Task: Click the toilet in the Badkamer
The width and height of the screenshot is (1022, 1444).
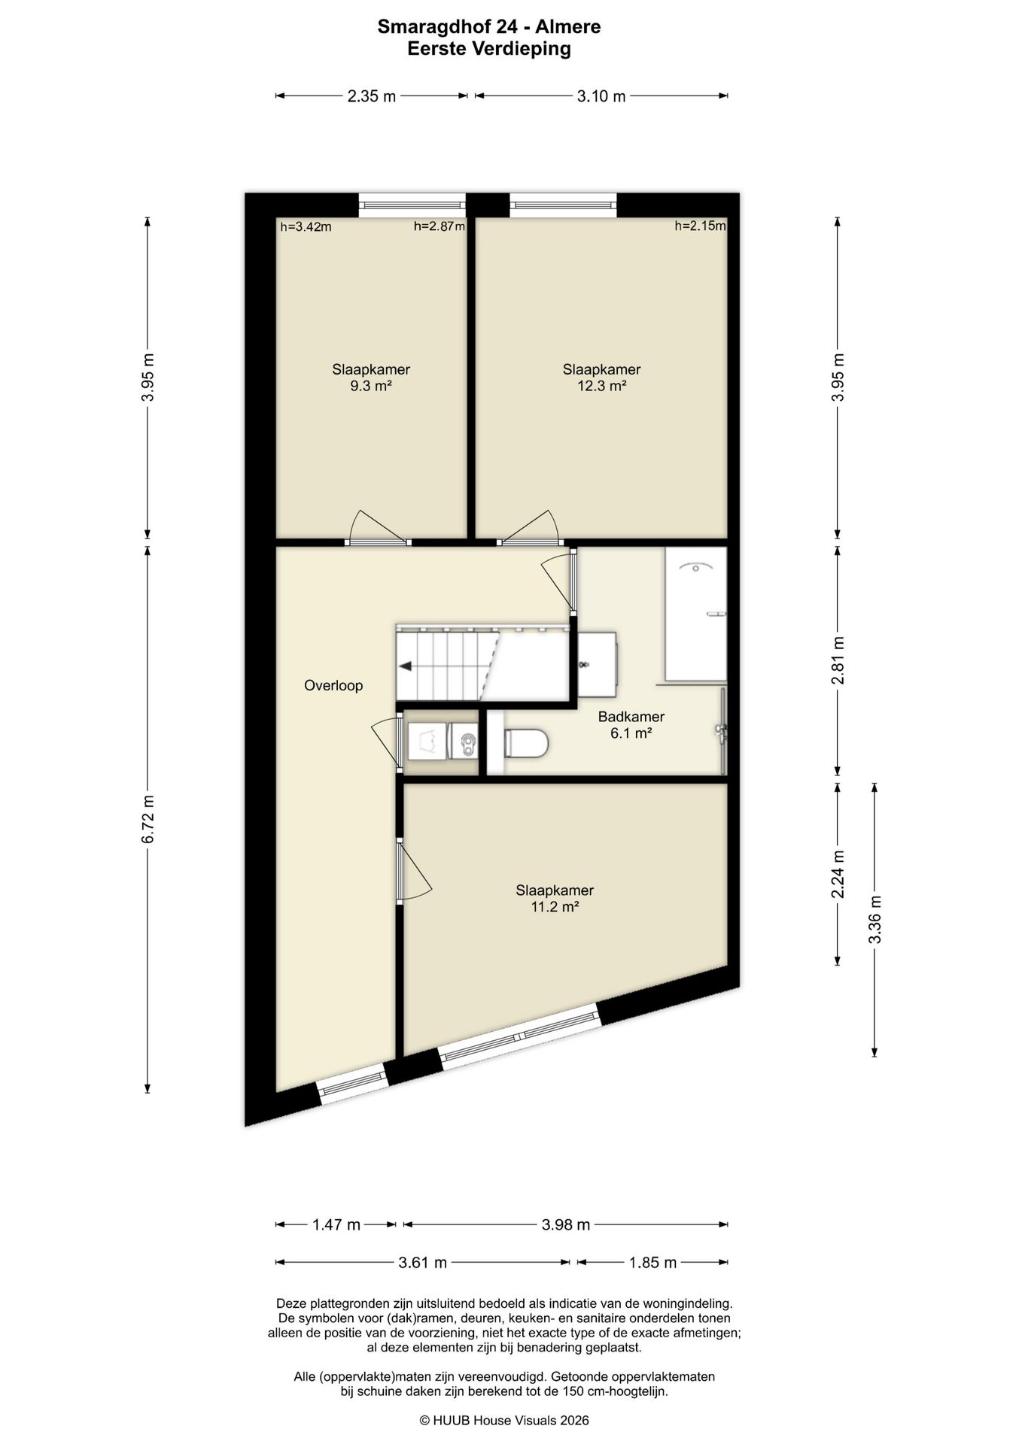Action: pos(526,743)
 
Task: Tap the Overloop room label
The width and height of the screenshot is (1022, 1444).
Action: pos(333,685)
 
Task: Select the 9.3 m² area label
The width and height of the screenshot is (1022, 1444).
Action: pos(371,386)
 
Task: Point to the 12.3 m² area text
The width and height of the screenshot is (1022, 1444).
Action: pos(601,386)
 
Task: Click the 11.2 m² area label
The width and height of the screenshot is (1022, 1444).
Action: pos(555,907)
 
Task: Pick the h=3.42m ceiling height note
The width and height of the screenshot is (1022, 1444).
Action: pos(306,226)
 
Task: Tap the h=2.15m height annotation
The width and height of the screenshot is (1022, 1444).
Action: pos(700,226)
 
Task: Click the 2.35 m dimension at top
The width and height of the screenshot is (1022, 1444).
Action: pos(371,96)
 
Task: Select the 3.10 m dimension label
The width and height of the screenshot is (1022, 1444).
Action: pos(601,96)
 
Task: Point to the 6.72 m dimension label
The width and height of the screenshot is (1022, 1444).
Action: pos(148,818)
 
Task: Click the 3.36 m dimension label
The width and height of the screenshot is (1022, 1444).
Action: pos(874,919)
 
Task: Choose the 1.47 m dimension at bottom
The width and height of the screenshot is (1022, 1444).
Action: pos(336,1225)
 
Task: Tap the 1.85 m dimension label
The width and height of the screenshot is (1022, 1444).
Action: pos(652,1263)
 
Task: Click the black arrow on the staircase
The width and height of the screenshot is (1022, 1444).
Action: pos(406,666)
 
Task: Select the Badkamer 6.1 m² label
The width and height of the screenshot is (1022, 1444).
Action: pos(631,725)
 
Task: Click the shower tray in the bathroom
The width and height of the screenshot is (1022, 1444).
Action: pos(695,614)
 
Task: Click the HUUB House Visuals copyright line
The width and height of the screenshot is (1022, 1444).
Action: pos(504,1421)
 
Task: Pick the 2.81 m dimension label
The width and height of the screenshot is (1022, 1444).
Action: pos(838,660)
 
